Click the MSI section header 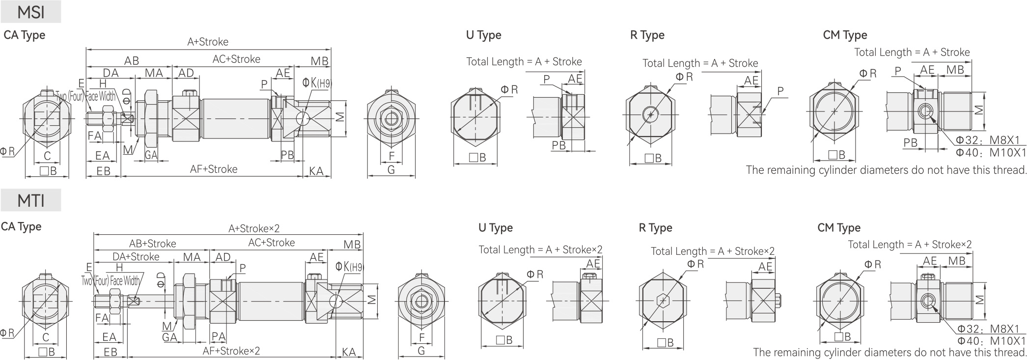tap(30, 12)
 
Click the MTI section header tap(30, 200)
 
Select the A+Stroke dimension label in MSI tap(207, 42)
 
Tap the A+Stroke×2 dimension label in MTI tap(253, 228)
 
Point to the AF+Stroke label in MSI tap(213, 169)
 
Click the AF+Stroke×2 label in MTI tap(231, 351)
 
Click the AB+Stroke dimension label tap(152, 244)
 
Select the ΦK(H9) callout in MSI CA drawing tap(317, 83)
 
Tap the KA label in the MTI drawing tap(349, 352)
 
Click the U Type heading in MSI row tap(483, 35)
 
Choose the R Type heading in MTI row tap(655, 228)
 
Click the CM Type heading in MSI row tap(845, 35)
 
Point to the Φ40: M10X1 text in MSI tap(991, 153)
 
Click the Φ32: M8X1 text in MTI tap(991, 329)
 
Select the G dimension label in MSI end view tap(391, 170)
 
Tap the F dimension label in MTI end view tap(421, 338)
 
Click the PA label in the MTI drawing tap(218, 337)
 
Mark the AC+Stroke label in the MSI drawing tap(236, 59)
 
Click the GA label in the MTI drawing tap(169, 337)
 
